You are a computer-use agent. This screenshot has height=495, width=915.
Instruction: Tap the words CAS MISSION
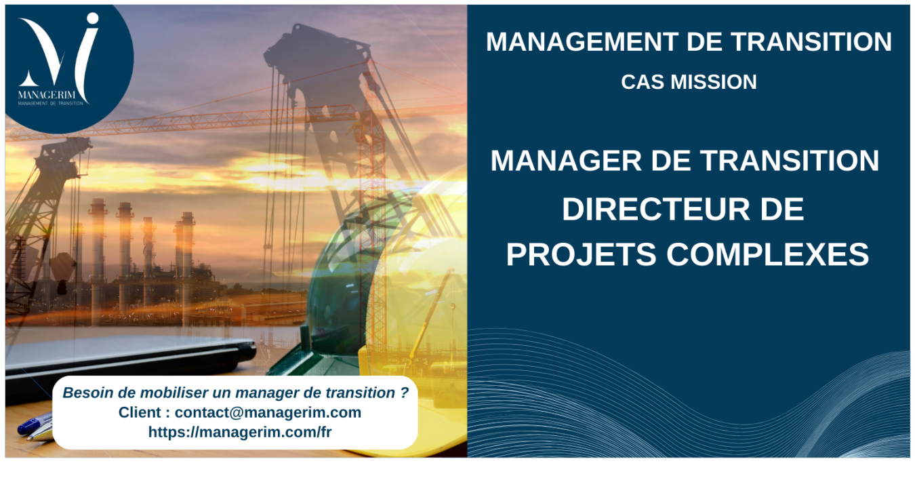[x=689, y=82]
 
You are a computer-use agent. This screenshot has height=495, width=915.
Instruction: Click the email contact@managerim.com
[x=268, y=412]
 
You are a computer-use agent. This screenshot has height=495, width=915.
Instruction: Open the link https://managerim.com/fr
[x=240, y=432]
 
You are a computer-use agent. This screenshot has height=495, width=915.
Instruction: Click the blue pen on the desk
[x=34, y=424]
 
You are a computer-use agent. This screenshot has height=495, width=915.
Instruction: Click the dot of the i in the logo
[x=92, y=18]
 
